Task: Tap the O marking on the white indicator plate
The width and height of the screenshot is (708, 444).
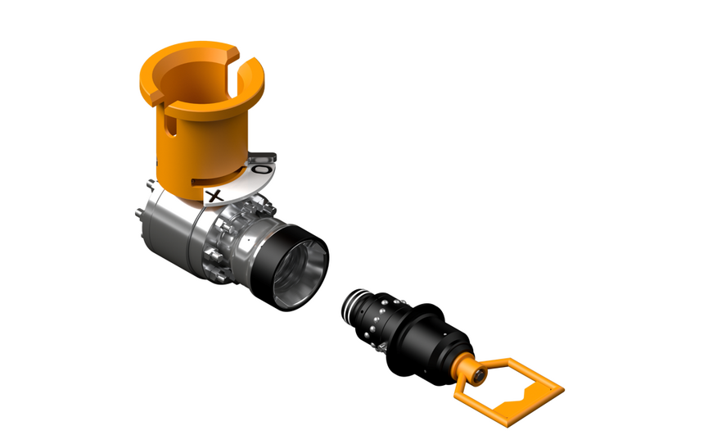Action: (260, 169)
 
